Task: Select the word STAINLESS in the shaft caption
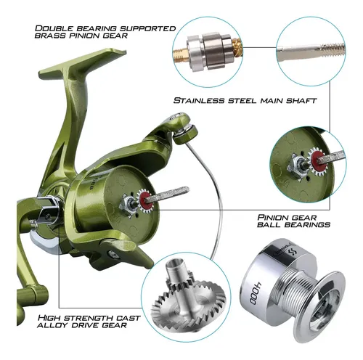point(199,100)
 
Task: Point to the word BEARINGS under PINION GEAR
point(307,224)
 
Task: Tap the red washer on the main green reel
point(146,200)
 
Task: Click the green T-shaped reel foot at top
point(82,63)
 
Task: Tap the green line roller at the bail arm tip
point(186,136)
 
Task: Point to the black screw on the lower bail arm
point(113,254)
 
